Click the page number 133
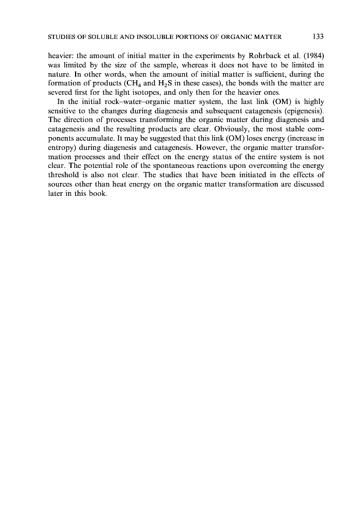tap(318, 37)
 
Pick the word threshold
tap(59, 176)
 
